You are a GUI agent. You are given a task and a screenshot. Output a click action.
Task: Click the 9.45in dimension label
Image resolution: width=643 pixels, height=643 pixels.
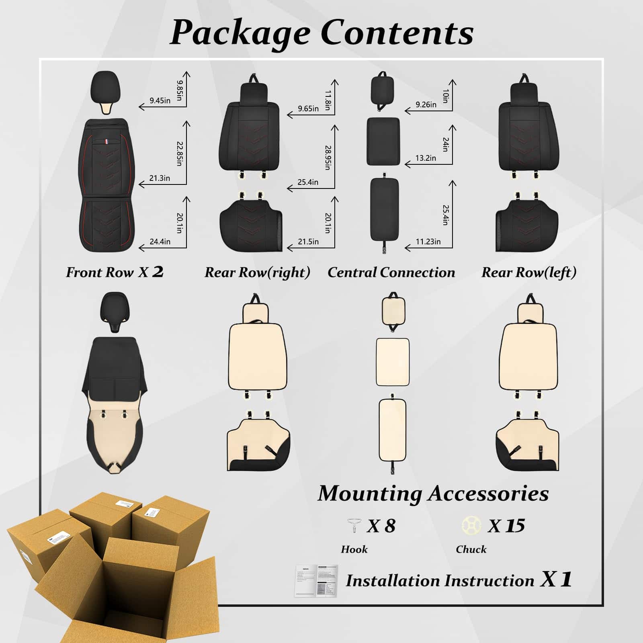click(x=160, y=100)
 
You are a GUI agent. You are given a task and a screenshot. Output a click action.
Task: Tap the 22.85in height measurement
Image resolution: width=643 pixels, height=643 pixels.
click(x=180, y=153)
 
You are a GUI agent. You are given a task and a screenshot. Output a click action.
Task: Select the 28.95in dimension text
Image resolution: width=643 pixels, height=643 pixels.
click(x=328, y=158)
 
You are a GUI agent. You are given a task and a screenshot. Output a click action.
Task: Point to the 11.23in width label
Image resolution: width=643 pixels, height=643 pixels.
click(x=428, y=242)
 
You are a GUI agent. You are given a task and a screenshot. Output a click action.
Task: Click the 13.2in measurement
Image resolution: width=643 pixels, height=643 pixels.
click(x=426, y=158)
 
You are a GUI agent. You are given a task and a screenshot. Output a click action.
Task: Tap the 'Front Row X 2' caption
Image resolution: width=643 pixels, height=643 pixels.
click(x=115, y=272)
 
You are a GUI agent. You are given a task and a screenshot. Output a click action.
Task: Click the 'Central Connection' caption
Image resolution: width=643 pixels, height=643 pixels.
click(x=391, y=272)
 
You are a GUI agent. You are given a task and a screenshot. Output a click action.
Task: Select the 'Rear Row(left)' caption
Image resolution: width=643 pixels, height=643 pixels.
click(x=529, y=272)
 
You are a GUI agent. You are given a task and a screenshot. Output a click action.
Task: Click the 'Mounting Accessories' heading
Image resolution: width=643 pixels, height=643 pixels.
click(x=433, y=494)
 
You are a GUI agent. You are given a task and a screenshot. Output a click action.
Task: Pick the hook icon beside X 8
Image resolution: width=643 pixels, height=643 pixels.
click(x=353, y=525)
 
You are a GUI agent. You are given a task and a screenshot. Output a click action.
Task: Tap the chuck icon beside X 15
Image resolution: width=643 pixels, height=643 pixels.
click(x=471, y=525)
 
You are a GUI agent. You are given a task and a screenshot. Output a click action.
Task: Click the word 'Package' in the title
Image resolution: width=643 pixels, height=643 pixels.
click(x=240, y=33)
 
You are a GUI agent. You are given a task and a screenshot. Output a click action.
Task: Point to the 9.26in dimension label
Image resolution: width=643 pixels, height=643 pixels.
click(x=426, y=104)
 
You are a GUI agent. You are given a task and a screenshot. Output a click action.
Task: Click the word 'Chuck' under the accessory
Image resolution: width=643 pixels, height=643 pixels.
click(x=471, y=549)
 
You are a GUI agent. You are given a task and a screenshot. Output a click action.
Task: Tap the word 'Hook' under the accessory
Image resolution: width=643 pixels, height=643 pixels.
click(x=354, y=549)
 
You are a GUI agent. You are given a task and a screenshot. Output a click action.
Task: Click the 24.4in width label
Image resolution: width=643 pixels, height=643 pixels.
click(x=160, y=242)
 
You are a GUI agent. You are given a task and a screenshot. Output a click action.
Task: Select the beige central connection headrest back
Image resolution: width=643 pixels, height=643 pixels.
click(x=393, y=310)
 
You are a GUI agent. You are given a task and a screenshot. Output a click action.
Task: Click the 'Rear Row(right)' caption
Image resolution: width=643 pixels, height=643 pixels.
click(x=257, y=272)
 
